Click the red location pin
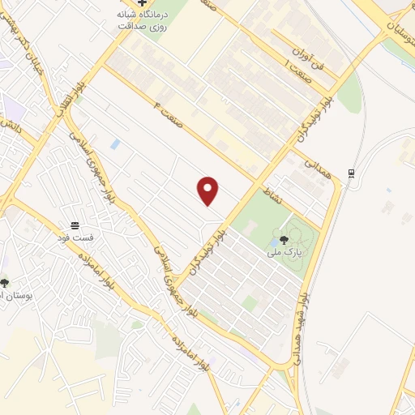[209, 190]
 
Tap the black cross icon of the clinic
[143, 2]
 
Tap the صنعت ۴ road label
[166, 109]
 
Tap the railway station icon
[352, 173]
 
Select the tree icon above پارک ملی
[284, 239]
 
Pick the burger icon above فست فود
[75, 225]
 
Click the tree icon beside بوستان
[5, 283]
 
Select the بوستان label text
[16, 296]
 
